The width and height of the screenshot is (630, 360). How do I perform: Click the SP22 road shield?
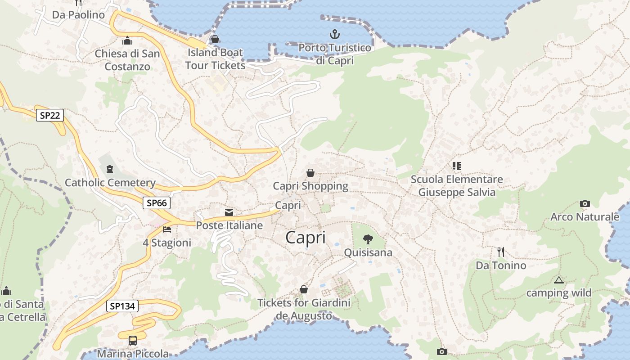click(x=49, y=116)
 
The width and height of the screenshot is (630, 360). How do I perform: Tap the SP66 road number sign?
click(x=157, y=203)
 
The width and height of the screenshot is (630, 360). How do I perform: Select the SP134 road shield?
click(x=122, y=306)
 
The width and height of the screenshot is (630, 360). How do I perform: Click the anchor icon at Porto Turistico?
click(x=334, y=34)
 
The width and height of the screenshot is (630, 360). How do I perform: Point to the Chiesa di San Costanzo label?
click(x=127, y=60)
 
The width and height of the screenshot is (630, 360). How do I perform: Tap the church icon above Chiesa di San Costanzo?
click(x=127, y=41)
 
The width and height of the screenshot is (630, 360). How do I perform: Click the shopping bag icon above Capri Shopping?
click(x=310, y=172)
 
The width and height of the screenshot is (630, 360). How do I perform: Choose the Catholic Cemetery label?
click(x=110, y=183)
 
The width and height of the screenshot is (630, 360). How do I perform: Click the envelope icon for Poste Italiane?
click(x=229, y=212)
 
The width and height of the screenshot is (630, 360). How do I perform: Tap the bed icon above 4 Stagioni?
click(x=167, y=229)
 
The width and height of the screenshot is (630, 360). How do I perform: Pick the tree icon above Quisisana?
click(x=368, y=239)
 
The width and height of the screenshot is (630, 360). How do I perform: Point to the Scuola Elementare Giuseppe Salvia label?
click(x=457, y=186)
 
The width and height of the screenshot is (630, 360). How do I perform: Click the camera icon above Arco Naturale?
click(x=585, y=203)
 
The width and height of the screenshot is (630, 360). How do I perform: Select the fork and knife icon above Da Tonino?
click(x=501, y=252)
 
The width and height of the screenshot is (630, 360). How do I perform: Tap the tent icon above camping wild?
click(x=559, y=280)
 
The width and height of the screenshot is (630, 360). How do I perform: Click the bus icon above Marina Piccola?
click(x=133, y=340)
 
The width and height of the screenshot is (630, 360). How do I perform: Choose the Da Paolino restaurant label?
click(x=78, y=15)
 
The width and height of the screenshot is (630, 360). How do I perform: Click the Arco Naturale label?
click(x=585, y=217)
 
